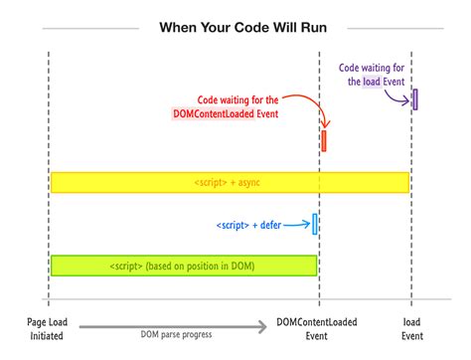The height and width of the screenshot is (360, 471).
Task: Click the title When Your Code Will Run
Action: (x=235, y=27)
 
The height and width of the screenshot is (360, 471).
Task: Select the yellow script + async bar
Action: (x=230, y=183)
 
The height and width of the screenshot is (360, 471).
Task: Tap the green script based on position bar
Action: (x=184, y=266)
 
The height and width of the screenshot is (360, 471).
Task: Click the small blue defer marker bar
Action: (x=315, y=225)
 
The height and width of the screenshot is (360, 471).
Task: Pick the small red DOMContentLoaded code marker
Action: (x=324, y=140)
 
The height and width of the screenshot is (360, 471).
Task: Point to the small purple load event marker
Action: (x=414, y=98)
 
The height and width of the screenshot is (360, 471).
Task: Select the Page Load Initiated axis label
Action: (x=47, y=328)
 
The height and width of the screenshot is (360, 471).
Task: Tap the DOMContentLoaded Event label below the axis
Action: (x=318, y=328)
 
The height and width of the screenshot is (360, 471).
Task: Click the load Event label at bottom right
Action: (x=412, y=328)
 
